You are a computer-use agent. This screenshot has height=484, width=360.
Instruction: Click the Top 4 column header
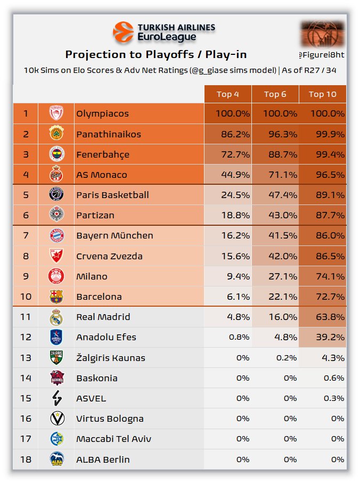click(227, 94)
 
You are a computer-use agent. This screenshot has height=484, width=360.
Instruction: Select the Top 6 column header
click(275, 94)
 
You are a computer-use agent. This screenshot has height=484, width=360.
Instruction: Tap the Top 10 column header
click(323, 94)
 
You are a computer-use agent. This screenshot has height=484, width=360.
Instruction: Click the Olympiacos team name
click(102, 114)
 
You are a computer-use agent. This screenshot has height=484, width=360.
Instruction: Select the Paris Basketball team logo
click(56, 195)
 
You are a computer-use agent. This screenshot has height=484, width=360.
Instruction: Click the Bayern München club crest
click(56, 235)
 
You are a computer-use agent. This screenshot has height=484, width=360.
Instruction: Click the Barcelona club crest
click(56, 297)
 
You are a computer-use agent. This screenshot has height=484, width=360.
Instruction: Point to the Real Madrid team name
click(103, 317)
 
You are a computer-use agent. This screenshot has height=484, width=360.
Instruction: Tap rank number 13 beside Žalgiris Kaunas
click(26, 358)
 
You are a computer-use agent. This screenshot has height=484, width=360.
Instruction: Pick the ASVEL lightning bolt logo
click(56, 398)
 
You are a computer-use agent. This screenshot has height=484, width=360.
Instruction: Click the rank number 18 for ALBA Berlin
click(26, 460)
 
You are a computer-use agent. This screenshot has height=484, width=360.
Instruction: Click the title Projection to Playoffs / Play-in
click(156, 55)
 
